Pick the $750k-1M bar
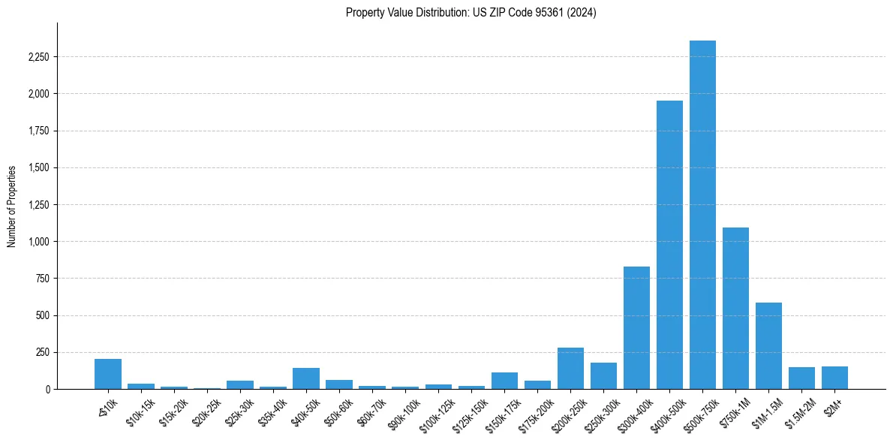pyautogui.click(x=735, y=308)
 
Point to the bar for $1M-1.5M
pyautogui.click(x=768, y=345)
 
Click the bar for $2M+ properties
pyautogui.click(x=834, y=378)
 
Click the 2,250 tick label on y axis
pyautogui.click(x=37, y=57)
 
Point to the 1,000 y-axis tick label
pyautogui.click(x=37, y=242)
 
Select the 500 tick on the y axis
pyautogui.click(x=42, y=315)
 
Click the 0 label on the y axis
pyautogui.click(x=47, y=389)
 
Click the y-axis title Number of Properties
pyautogui.click(x=12, y=206)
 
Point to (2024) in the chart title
pyautogui.click(x=583, y=13)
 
